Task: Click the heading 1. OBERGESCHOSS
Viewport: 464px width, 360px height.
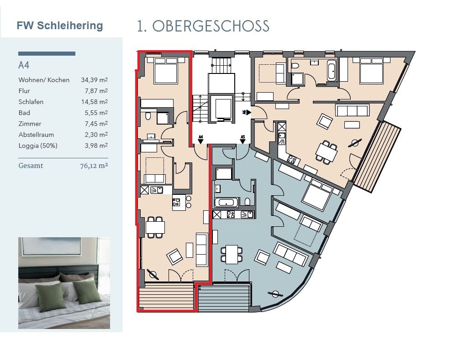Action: click(203, 26)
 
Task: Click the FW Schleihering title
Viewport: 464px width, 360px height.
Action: click(60, 26)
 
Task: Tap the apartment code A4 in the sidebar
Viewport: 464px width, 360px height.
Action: click(24, 65)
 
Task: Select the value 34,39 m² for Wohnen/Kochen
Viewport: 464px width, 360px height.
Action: click(95, 80)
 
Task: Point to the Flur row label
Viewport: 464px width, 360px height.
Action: click(24, 91)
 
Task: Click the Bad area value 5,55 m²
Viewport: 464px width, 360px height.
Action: click(96, 113)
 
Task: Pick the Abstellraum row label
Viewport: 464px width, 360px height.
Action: click(36, 135)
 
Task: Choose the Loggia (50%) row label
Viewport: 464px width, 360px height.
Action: click(38, 146)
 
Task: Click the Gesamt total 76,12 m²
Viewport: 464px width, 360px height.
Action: click(94, 166)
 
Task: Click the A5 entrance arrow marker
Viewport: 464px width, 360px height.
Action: click(243, 140)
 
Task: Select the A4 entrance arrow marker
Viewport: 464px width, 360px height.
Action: click(200, 140)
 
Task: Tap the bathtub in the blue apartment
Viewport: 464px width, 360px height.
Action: click(227, 203)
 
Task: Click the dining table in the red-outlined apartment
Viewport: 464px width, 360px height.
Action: click(155, 227)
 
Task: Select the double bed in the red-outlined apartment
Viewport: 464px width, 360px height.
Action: click(166, 70)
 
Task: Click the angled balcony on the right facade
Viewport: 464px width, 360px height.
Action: click(377, 157)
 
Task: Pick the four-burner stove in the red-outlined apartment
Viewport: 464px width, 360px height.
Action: click(176, 202)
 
